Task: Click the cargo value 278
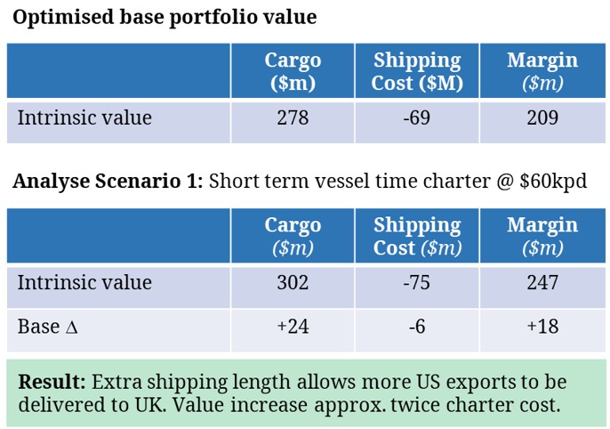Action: point(293,117)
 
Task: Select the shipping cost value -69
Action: point(417,117)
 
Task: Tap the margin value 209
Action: point(542,117)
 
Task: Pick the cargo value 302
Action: point(293,283)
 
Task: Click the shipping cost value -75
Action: point(417,283)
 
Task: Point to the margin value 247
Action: point(542,283)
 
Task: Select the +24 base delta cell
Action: point(293,327)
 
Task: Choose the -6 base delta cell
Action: point(417,327)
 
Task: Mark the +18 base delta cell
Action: point(542,327)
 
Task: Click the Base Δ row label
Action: point(48,327)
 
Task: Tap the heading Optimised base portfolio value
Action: point(165,18)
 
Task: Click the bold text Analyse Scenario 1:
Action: point(108,182)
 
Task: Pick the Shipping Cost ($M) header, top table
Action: point(417,71)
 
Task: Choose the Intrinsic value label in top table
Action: point(84,117)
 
